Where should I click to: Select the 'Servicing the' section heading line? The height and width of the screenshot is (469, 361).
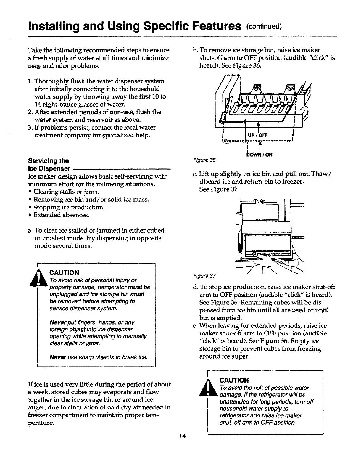point(48,161)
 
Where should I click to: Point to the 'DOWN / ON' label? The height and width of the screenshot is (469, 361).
point(260,155)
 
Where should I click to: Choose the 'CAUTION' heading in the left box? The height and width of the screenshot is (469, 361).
point(64,272)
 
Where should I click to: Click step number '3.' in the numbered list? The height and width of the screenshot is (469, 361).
point(30,128)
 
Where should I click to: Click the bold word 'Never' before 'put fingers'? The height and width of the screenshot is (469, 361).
point(55,322)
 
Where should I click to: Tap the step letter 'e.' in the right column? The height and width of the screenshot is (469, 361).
point(195,326)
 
